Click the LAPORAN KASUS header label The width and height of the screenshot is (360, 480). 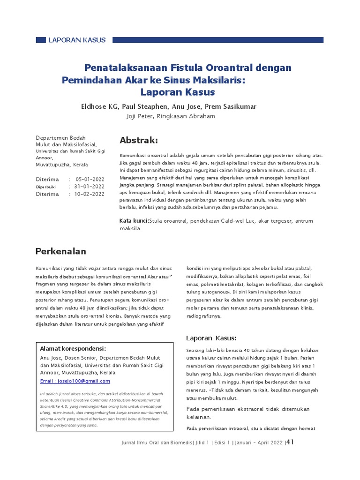point(77,40)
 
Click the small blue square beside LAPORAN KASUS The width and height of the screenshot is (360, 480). point(40,40)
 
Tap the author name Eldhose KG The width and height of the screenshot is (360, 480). point(100,106)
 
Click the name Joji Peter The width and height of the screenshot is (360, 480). point(140,116)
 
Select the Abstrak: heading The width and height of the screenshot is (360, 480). point(139,141)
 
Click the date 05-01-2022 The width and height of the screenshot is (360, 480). point(90,180)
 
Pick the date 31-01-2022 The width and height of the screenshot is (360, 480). point(90,187)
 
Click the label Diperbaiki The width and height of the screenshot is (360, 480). point(46,187)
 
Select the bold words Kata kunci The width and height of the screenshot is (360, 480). point(134,221)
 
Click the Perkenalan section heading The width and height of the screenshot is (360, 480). point(61,251)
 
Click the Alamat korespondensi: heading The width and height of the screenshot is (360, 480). point(73,349)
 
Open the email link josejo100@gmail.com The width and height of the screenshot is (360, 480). point(75,381)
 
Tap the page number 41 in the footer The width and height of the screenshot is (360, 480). point(290,442)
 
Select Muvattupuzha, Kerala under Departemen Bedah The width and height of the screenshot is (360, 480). point(62,165)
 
